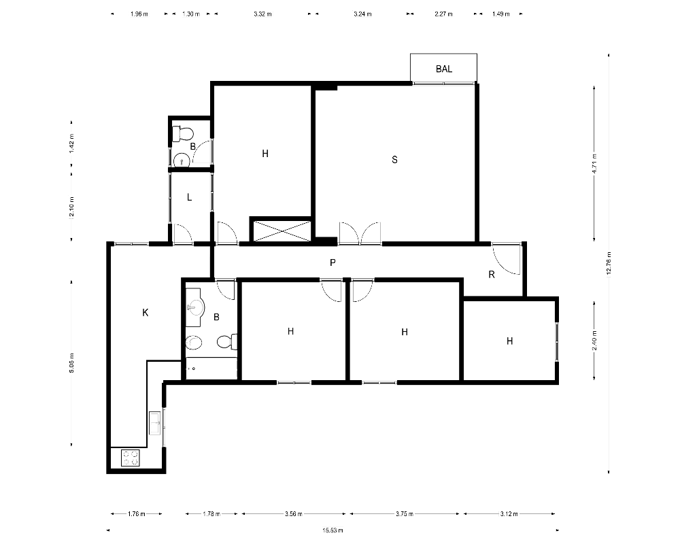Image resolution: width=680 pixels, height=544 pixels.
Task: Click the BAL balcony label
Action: (x=443, y=69)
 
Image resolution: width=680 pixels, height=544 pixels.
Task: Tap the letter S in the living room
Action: (x=394, y=160)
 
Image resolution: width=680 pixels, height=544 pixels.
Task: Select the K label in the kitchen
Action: (x=146, y=312)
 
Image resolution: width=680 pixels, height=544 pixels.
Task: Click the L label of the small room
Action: (x=189, y=197)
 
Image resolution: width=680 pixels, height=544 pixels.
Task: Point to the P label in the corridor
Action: (x=333, y=262)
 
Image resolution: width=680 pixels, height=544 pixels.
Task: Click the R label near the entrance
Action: (x=492, y=274)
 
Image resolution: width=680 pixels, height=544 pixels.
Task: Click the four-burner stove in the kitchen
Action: (x=130, y=458)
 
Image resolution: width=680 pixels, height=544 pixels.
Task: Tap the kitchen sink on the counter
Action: (x=155, y=424)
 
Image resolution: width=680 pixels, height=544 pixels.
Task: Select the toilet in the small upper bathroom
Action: (x=182, y=133)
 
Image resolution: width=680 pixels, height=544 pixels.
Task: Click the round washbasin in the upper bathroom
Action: (x=182, y=161)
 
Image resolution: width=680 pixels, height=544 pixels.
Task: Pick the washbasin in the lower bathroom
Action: (x=196, y=307)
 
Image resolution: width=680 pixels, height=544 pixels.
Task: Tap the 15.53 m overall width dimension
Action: (x=333, y=530)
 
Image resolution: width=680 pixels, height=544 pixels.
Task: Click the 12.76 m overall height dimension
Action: (x=609, y=263)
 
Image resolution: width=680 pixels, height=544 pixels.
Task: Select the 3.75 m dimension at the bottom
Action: (x=404, y=513)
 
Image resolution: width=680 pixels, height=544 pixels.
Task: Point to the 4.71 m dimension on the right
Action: (x=594, y=163)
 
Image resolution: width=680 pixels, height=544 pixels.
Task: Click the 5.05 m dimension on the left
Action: (x=71, y=363)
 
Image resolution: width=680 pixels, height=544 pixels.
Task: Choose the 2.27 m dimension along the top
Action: (x=443, y=14)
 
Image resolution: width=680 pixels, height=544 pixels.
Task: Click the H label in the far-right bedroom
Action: (x=509, y=341)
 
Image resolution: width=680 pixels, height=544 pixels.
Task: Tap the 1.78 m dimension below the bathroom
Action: (x=211, y=513)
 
